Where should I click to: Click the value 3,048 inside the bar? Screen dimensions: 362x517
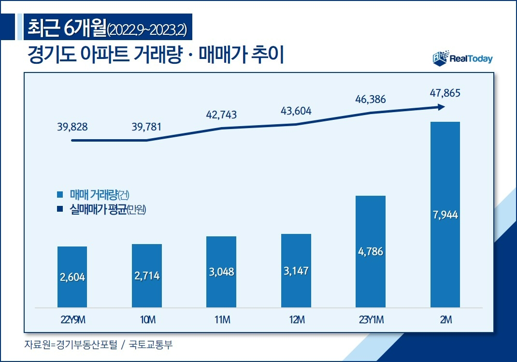click(x=221, y=272)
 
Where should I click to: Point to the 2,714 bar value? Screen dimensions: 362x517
click(x=147, y=276)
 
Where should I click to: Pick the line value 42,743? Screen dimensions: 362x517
click(x=221, y=115)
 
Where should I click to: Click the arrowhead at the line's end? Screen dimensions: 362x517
click(x=441, y=107)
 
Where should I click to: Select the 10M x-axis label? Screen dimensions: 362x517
click(x=147, y=320)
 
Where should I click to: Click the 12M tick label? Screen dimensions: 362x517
click(x=296, y=320)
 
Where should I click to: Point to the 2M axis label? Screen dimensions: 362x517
click(x=445, y=320)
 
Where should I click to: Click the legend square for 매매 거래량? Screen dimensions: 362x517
click(x=60, y=195)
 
